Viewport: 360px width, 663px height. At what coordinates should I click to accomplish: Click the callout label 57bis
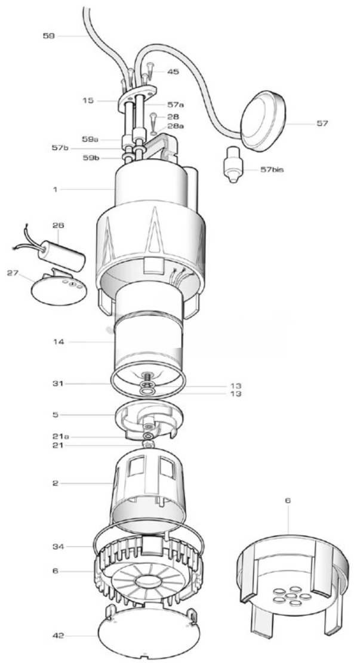point(272,170)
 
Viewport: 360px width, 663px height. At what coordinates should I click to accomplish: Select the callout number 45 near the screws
point(173,72)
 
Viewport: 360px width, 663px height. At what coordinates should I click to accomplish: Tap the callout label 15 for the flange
point(88,101)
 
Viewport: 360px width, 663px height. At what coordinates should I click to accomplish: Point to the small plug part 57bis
point(231,166)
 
